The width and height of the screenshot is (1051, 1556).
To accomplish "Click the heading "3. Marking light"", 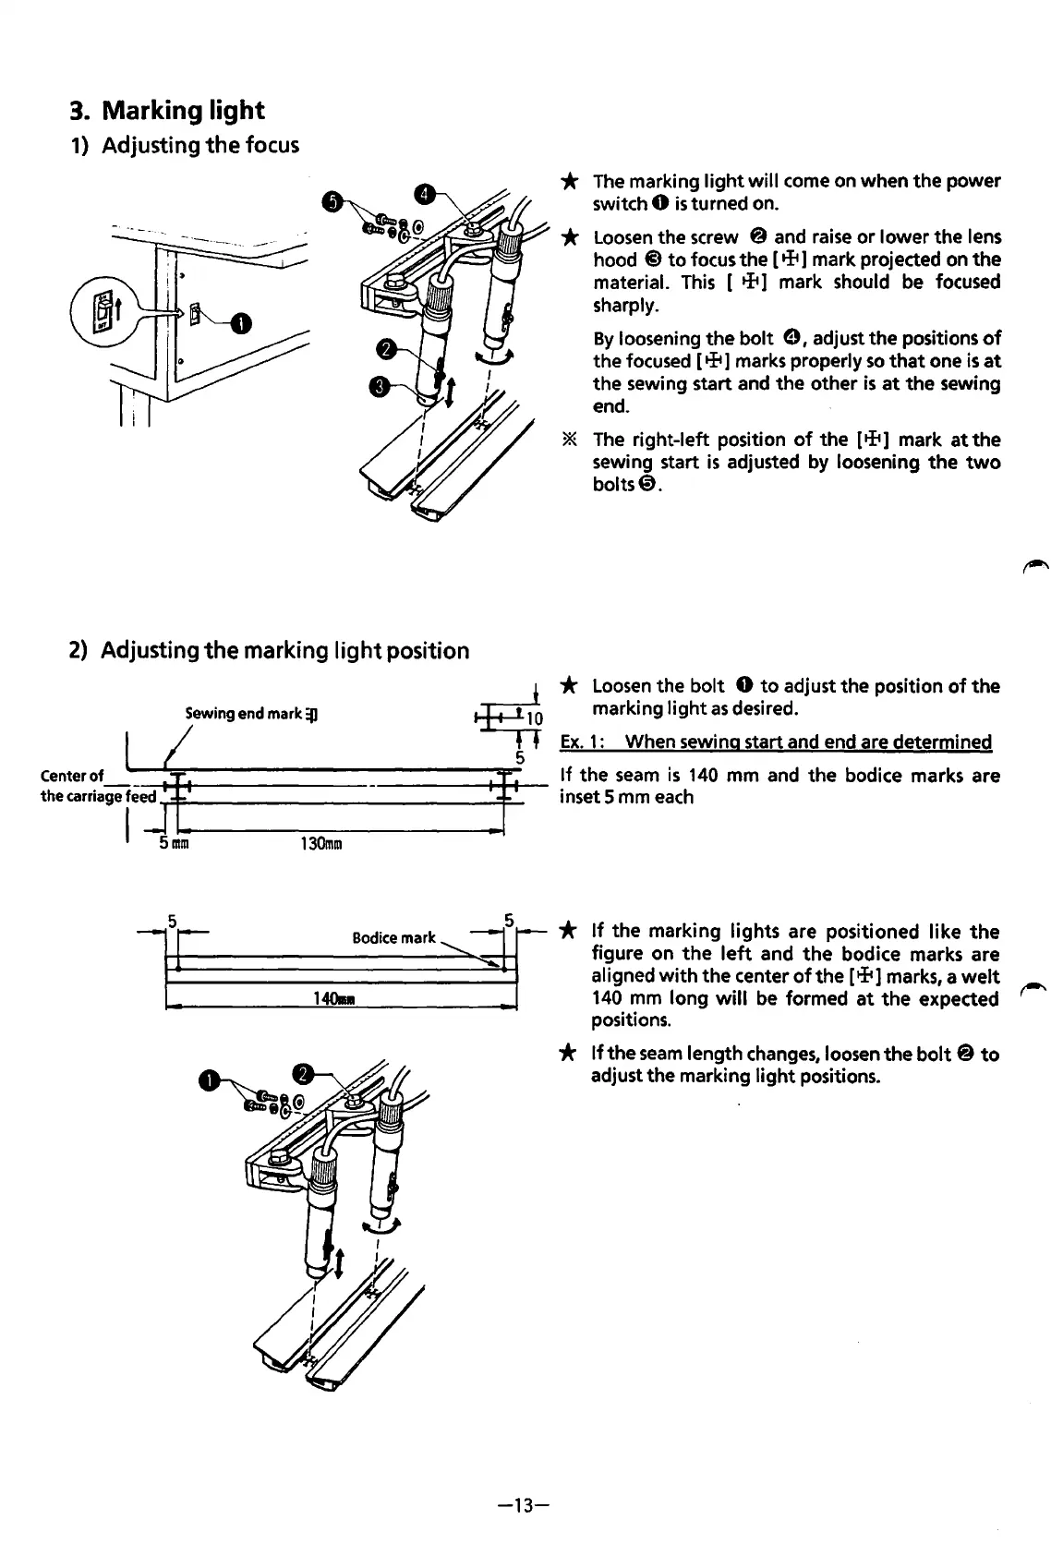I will click(167, 111).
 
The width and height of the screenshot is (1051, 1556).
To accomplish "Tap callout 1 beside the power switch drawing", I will click(240, 323).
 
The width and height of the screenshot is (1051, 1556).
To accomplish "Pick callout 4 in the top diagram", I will click(423, 194).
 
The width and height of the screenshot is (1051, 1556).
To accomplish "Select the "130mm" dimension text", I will click(321, 843).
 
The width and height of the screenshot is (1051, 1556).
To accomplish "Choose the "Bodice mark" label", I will click(393, 937).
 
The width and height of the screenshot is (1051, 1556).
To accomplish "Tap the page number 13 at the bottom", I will click(523, 1506).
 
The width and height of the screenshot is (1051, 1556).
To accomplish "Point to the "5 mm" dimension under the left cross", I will click(174, 843).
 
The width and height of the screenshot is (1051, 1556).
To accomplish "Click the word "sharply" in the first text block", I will click(625, 305).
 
